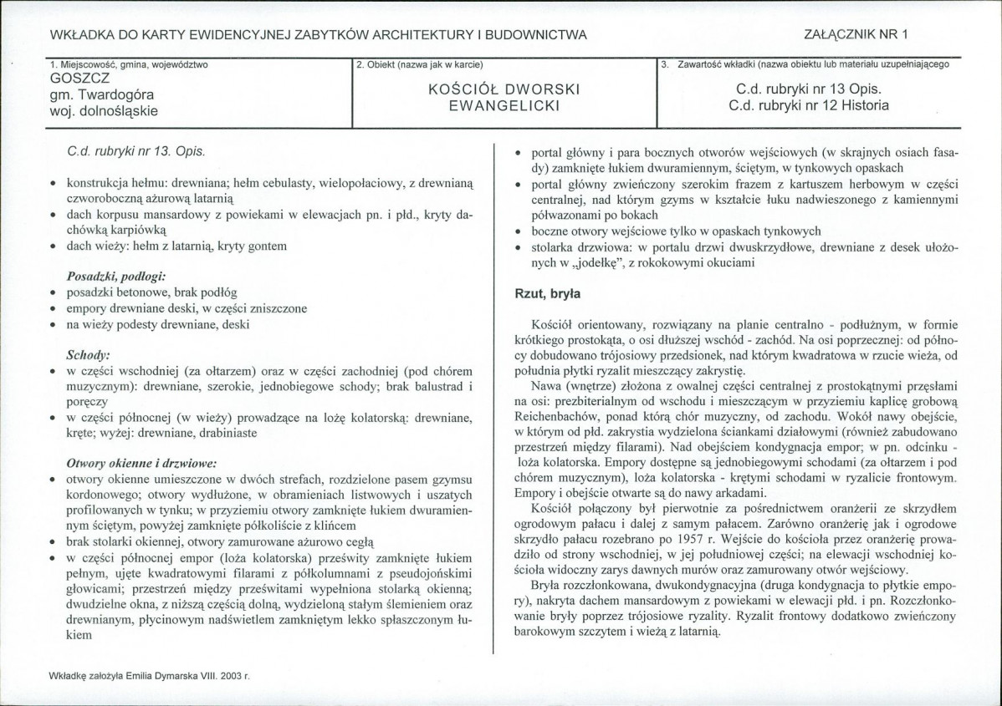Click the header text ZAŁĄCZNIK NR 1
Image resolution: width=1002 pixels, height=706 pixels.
(855, 34)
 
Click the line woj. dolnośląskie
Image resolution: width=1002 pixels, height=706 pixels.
(105, 109)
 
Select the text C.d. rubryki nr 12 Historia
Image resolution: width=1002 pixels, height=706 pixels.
(808, 105)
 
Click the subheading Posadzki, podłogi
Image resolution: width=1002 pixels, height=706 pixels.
(116, 276)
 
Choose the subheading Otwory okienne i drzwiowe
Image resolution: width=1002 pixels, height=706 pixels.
(141, 462)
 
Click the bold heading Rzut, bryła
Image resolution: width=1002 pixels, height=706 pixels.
(547, 293)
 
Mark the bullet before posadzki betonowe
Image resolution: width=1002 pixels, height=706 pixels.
(53, 292)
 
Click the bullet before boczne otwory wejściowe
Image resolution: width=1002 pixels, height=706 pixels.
(519, 232)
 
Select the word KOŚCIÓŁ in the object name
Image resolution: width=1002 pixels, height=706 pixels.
(470, 89)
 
